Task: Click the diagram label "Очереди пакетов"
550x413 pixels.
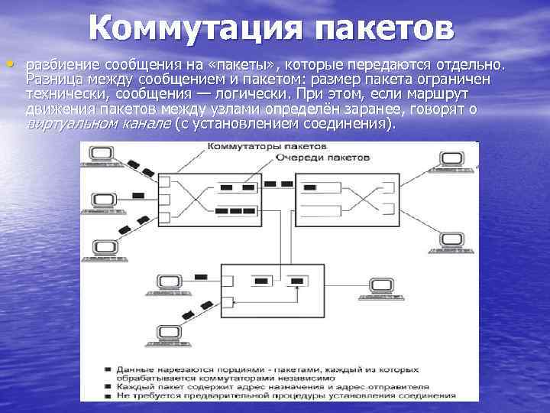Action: coord(323,156)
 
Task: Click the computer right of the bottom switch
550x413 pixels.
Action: coord(378,286)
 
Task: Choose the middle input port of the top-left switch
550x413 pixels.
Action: coord(164,197)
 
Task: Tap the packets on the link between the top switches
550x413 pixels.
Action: coord(279,183)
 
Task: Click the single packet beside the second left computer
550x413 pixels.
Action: coord(137,196)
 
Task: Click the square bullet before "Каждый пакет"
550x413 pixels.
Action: coord(111,387)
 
